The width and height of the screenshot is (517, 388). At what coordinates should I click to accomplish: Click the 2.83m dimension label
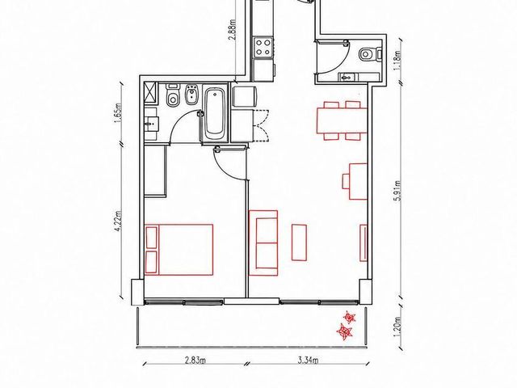195,360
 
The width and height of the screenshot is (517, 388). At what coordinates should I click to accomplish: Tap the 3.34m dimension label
308,360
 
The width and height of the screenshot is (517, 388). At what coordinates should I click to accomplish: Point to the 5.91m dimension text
398,191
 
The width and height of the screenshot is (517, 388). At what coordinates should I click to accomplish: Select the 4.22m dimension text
119,221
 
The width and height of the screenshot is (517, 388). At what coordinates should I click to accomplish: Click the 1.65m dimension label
119,112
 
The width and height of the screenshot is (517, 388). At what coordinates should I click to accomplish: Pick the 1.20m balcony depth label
398,327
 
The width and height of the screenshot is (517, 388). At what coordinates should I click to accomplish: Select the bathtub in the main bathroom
215,114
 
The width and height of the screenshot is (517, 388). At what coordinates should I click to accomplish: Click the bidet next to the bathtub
191,95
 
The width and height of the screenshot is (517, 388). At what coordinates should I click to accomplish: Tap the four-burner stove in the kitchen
263,47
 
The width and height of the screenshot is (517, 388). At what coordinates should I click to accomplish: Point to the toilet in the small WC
370,54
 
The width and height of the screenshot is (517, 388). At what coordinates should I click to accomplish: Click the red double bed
179,250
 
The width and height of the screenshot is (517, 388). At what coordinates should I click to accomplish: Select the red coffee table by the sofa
299,242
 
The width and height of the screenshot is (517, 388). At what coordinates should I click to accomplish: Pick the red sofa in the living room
263,242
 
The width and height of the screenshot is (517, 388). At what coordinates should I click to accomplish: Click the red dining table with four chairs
342,120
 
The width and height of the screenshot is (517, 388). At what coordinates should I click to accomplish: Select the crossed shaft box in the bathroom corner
151,93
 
